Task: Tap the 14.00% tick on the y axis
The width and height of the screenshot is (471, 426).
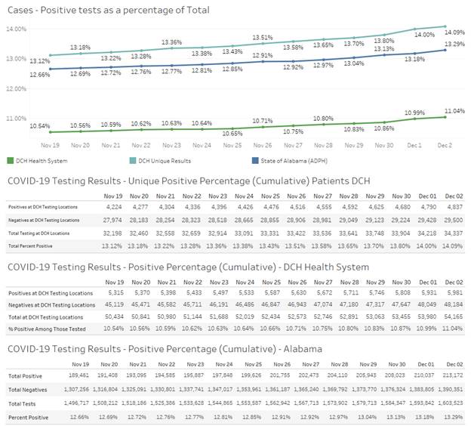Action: pyautogui.click(x=17, y=29)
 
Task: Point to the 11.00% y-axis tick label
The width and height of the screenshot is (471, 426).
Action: pyautogui.click(x=17, y=119)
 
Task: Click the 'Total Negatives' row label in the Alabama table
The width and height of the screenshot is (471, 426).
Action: pyautogui.click(x=29, y=390)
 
